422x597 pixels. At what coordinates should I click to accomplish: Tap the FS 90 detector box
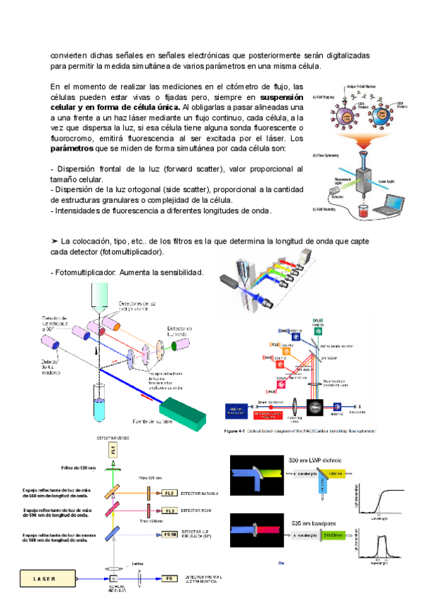(169, 534)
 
